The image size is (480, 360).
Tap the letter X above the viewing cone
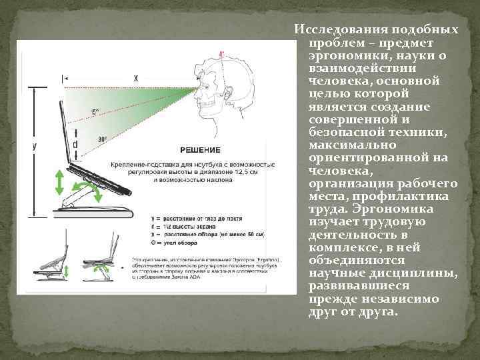tap(136, 78)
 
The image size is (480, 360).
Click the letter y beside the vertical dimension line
tap(34, 146)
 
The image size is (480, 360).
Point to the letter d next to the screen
tap(75, 142)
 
